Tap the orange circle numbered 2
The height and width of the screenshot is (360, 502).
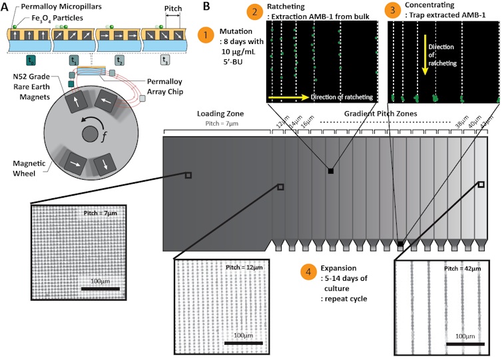(x=254, y=11)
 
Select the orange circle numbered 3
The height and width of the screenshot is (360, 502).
(x=393, y=11)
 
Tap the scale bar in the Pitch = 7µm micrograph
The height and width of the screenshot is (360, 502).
(x=100, y=288)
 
